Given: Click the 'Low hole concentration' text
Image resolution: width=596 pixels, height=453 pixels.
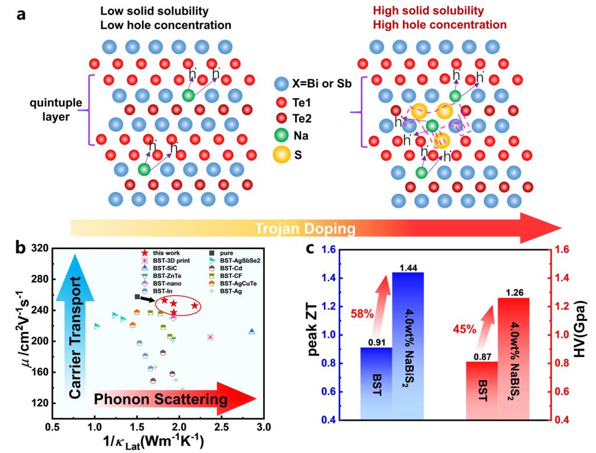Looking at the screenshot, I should tap(166, 25).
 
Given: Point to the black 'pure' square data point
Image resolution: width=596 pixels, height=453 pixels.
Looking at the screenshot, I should tap(137, 297).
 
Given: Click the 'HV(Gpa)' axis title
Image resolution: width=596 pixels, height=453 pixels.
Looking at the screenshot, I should tap(579, 334).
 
